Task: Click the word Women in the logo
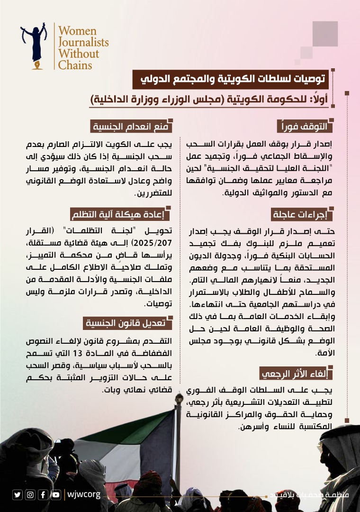tap(76, 31)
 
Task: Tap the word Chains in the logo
tap(75, 64)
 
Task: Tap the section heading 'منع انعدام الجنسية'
tap(132, 127)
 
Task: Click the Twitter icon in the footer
tap(18, 494)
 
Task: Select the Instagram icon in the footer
tap(30, 494)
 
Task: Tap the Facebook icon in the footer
tap(43, 494)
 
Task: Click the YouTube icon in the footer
tap(56, 494)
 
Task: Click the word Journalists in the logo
tap(83, 42)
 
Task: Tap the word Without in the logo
tap(79, 53)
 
